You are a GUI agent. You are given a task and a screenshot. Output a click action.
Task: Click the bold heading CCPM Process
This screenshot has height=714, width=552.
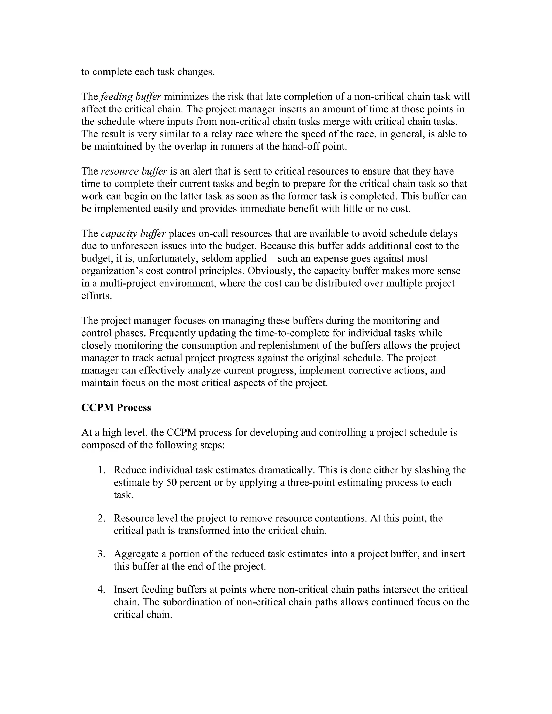pyautogui.click(x=116, y=408)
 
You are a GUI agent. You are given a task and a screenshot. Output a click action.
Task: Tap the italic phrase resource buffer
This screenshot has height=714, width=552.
pyautogui.click(x=134, y=171)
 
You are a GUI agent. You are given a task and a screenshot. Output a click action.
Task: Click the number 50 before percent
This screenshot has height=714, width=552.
pyautogui.click(x=171, y=483)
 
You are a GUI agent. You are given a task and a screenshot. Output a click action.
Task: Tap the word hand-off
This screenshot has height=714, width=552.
pyautogui.click(x=301, y=147)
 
